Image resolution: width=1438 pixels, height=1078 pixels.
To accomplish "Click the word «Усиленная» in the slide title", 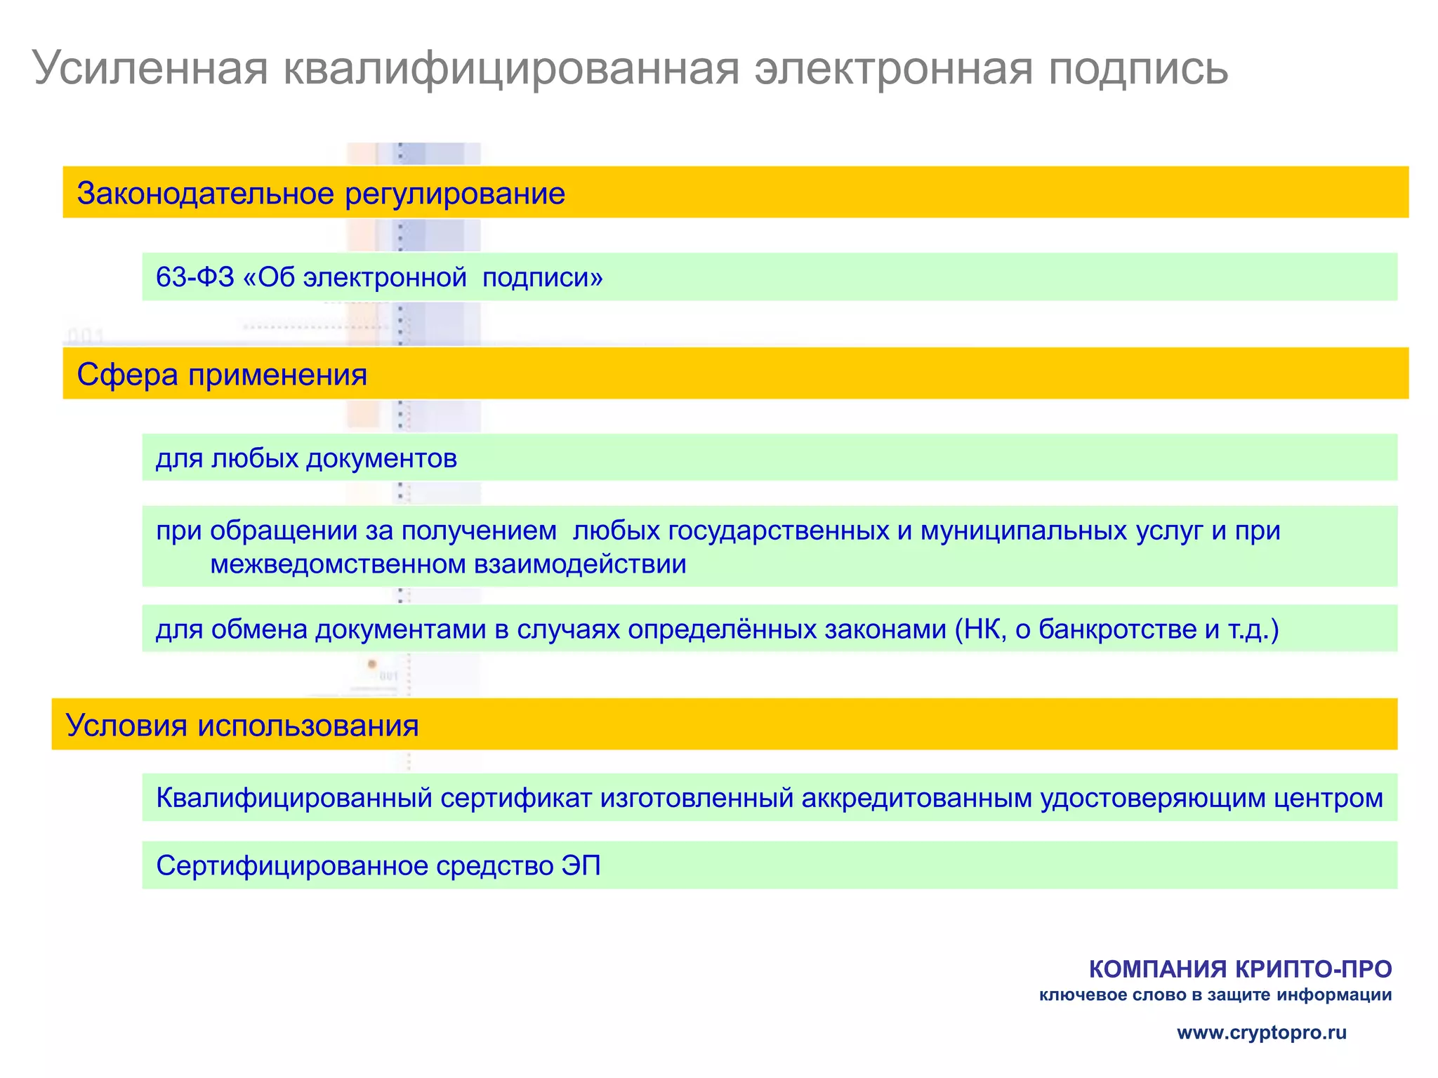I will [x=150, y=68].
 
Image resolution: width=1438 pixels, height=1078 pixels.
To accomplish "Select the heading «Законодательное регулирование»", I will [x=321, y=193].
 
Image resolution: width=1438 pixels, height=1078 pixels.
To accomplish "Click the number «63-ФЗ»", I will [x=194, y=277].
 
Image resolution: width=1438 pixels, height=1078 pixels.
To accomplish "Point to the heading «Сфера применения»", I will [x=222, y=374].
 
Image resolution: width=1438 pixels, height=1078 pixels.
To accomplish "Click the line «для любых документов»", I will [x=306, y=459].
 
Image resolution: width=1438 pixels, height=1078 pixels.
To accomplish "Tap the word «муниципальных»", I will [x=1024, y=531].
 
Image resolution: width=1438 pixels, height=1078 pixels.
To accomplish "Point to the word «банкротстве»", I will [x=1118, y=629].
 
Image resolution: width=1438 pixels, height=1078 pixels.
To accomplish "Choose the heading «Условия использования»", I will [x=242, y=725].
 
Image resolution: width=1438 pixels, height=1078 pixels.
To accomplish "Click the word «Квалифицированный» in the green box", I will [x=294, y=798].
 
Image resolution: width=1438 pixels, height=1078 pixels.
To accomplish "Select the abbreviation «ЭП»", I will [x=581, y=866].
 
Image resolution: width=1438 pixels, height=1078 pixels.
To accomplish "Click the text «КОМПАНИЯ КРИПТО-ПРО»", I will [x=1240, y=969].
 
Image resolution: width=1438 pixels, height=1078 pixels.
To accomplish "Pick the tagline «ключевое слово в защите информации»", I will [x=1215, y=995].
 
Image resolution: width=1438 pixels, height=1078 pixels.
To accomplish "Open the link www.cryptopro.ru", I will [x=1262, y=1032].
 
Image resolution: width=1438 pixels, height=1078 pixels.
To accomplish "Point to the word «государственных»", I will [x=778, y=531].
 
